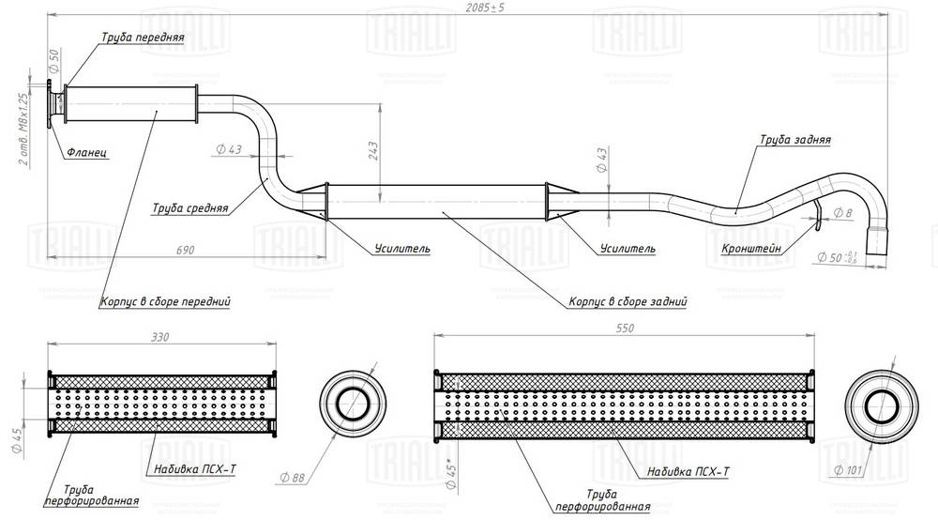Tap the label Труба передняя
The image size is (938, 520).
pyautogui.click(x=142, y=38)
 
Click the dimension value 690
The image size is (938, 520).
pyautogui.click(x=184, y=250)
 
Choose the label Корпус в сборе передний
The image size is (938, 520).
pyautogui.click(x=166, y=302)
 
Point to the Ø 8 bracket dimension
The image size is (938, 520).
pyautogui.click(x=841, y=214)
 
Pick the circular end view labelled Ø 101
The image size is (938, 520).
pyautogui.click(x=880, y=407)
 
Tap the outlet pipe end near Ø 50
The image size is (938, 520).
pyautogui.click(x=878, y=241)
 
